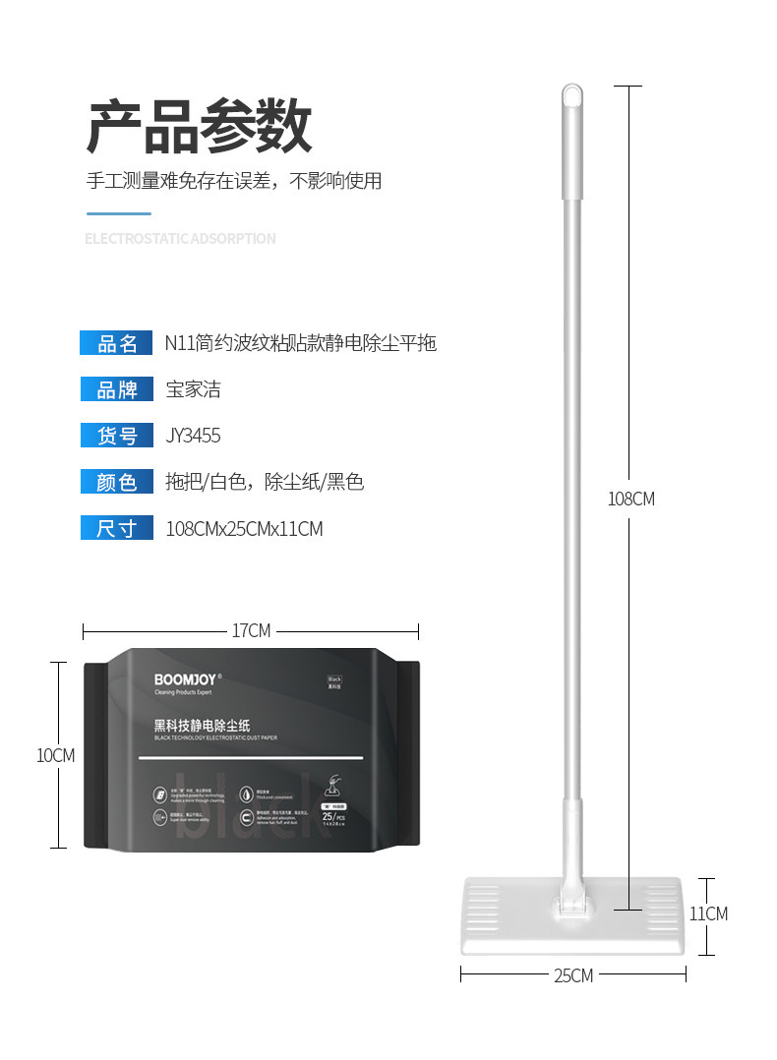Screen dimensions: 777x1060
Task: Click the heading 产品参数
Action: (200, 126)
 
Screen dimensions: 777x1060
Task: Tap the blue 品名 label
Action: (116, 343)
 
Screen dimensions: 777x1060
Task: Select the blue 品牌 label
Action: (116, 389)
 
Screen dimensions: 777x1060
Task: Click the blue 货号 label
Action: (116, 436)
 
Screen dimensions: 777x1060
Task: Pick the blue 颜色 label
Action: (116, 482)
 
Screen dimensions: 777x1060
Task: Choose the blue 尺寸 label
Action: (116, 528)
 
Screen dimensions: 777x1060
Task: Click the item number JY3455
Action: (193, 436)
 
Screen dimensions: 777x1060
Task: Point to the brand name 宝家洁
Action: (193, 389)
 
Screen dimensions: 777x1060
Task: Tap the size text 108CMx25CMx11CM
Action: (244, 529)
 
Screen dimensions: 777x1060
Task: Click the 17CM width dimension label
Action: (251, 630)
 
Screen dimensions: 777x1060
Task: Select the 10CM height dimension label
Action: (55, 755)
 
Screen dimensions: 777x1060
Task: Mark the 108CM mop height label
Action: (630, 499)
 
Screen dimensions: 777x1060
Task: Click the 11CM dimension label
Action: (708, 913)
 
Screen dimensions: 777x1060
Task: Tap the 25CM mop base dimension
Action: (573, 975)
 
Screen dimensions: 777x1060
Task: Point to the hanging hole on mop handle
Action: (570, 96)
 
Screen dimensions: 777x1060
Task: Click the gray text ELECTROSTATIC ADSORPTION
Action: (180, 239)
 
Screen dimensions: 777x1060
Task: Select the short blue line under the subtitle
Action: (119, 213)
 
